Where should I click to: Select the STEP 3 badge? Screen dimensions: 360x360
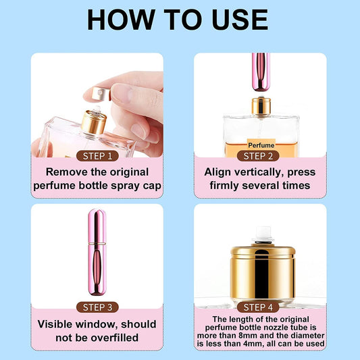click(97, 307)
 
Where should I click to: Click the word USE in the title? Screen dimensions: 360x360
click(240, 20)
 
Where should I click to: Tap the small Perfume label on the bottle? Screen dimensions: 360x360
click(261, 145)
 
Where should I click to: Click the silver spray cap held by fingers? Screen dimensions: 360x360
click(103, 92)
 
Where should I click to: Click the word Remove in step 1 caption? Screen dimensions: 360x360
click(66, 172)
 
